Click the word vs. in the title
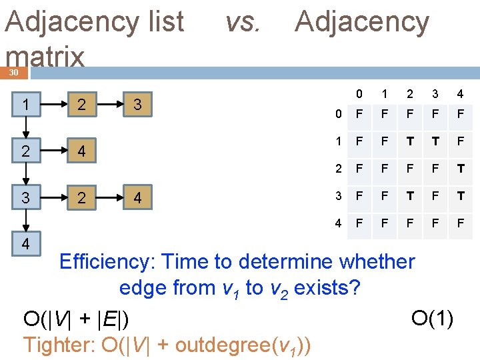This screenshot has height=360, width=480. coord(242,22)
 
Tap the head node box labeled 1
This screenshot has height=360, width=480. coord(25,105)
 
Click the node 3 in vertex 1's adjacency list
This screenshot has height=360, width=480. coord(137,105)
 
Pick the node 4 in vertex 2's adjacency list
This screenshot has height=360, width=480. coord(81,151)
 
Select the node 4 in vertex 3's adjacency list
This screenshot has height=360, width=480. coord(137,198)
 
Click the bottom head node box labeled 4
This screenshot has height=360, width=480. coord(25,244)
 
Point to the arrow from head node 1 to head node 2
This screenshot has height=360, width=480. coord(25,128)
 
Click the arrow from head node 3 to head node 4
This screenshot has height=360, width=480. coord(25,221)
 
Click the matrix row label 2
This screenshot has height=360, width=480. coord(339,168)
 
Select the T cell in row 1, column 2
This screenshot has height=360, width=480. coord(409,141)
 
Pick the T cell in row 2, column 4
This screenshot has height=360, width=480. coord(460,168)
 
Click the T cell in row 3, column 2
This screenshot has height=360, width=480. coord(409,196)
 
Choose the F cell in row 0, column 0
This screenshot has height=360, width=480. coord(359,115)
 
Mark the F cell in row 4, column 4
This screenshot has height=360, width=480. coord(460,223)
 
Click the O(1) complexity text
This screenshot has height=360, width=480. coord(433,319)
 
